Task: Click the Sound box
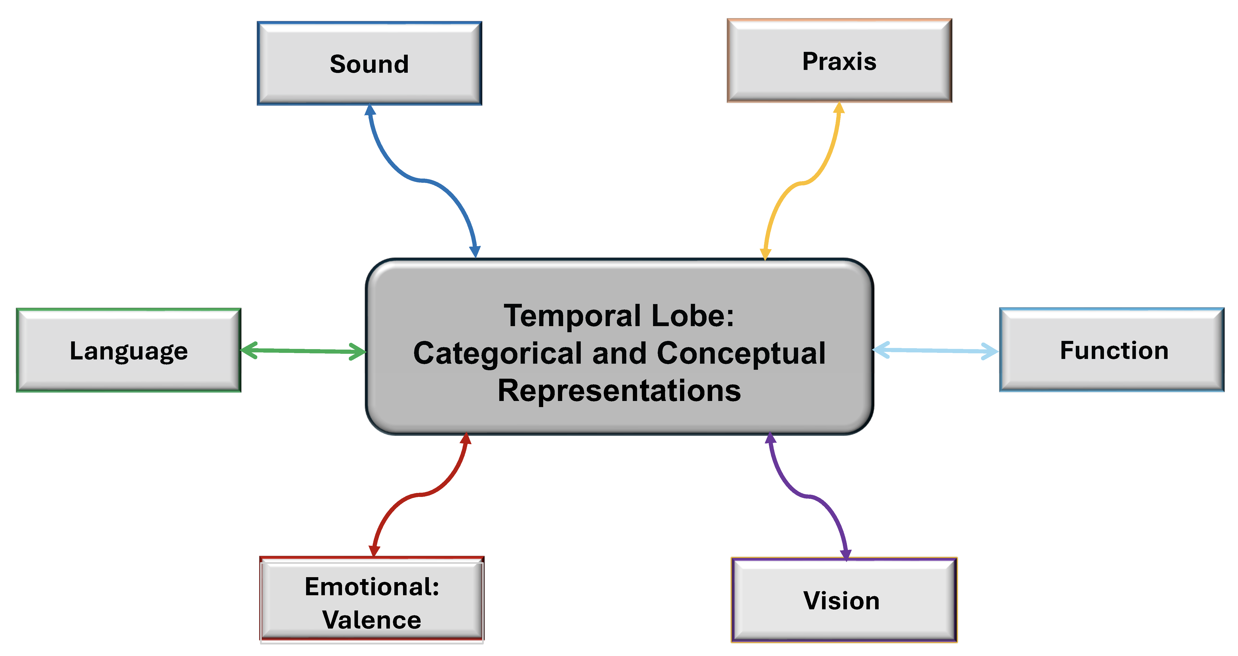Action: click(369, 63)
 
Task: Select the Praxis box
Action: click(839, 61)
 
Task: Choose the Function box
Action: click(1112, 350)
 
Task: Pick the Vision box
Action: click(844, 600)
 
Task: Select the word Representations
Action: click(619, 390)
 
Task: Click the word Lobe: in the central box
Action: click(692, 316)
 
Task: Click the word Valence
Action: click(372, 619)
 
